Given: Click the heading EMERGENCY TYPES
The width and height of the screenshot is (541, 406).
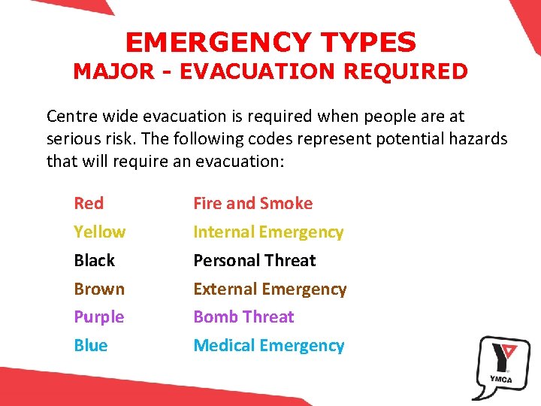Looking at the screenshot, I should [x=270, y=42].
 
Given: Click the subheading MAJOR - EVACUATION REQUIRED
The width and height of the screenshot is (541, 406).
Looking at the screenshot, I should [x=270, y=71].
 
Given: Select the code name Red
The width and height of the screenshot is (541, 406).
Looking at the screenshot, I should [x=89, y=203].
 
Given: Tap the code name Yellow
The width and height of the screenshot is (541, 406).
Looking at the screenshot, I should [x=99, y=232].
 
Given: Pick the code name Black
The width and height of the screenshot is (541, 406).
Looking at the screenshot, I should [x=94, y=261].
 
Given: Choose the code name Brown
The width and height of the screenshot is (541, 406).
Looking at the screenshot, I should [x=99, y=289].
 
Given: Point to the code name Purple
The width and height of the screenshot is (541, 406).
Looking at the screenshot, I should [x=98, y=317].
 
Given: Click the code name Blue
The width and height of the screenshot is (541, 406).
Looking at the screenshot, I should [x=90, y=346].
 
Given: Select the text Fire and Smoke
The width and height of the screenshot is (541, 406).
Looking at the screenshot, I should [x=252, y=203].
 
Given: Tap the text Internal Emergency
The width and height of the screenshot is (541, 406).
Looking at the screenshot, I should [x=268, y=232].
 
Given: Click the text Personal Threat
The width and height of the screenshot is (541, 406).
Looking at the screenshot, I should [x=254, y=261].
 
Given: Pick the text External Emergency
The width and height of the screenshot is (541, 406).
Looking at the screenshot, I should [x=270, y=289].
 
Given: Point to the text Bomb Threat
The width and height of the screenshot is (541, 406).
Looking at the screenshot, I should [x=243, y=317].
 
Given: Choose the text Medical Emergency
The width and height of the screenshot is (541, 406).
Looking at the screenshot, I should [x=268, y=346].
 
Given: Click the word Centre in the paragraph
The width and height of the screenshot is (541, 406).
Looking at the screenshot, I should [x=70, y=117].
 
